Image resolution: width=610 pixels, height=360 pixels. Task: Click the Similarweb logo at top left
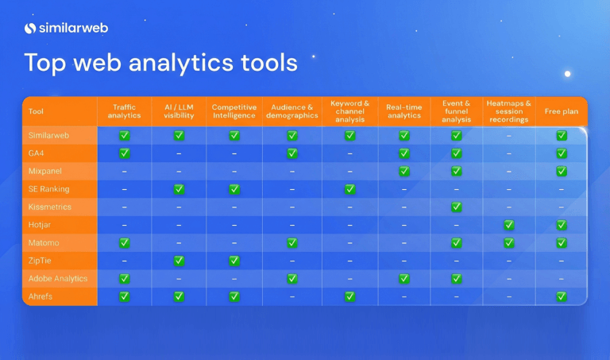click(66, 29)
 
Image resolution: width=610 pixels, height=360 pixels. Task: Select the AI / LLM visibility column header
click(179, 111)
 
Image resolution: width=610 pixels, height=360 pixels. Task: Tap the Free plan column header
click(562, 112)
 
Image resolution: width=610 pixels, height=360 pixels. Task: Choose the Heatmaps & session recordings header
click(508, 111)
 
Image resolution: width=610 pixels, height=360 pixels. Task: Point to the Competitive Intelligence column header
click(234, 111)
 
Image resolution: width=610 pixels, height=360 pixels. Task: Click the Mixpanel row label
click(44, 171)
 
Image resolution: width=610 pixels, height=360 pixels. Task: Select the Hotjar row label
click(40, 225)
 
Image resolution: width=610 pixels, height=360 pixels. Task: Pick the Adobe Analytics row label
click(58, 279)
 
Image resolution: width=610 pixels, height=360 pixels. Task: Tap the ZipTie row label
click(40, 261)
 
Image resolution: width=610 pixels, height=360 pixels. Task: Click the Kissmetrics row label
click(49, 207)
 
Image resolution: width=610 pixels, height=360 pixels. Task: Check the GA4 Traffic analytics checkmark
click(125, 153)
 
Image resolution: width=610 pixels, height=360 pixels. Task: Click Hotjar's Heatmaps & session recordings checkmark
click(509, 225)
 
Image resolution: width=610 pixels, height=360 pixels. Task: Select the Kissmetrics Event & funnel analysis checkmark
click(457, 207)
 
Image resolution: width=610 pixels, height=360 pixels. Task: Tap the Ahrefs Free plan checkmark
click(562, 296)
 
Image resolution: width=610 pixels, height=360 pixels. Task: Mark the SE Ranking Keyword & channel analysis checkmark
click(350, 189)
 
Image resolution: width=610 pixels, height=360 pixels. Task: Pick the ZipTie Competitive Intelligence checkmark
click(234, 261)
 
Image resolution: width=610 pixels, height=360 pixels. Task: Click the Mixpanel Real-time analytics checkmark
click(404, 171)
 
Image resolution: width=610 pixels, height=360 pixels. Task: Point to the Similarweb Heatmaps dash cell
click(509, 135)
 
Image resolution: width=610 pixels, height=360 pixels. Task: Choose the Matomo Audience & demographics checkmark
click(292, 242)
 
